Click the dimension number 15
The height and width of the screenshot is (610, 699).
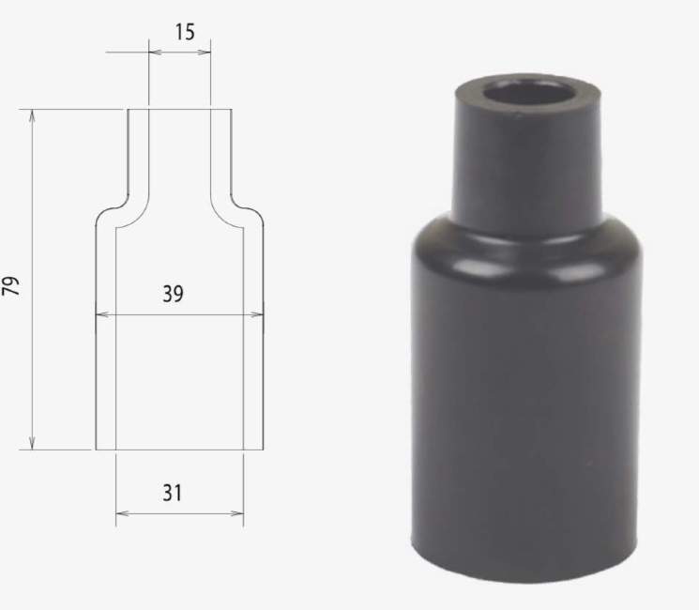coord(185,32)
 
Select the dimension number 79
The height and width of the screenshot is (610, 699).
coord(11,286)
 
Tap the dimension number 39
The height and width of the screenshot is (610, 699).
coord(173,294)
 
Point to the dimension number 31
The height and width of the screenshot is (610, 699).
coord(173,493)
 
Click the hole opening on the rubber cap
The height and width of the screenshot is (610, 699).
coord(529,94)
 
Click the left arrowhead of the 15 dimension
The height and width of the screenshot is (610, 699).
coord(155,53)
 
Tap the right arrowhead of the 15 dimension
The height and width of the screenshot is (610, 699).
coord(205,53)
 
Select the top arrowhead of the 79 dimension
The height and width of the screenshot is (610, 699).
coord(32,116)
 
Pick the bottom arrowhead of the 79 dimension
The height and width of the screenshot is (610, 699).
coord(32,442)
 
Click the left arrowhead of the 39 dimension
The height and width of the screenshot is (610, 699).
coord(102,314)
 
